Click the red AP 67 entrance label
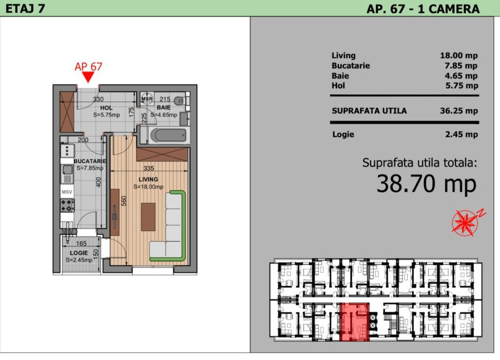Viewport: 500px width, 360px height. [x=88, y=66]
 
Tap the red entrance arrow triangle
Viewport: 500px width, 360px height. [x=88, y=77]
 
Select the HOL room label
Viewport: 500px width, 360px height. [x=106, y=108]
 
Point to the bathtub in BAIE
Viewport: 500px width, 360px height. [x=168, y=136]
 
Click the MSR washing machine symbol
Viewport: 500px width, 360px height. [x=146, y=99]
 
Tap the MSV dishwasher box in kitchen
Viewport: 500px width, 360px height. [x=67, y=192]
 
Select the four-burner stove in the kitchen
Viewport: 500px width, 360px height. [x=67, y=205]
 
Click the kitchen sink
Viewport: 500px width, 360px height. [x=67, y=174]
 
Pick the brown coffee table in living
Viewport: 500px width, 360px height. [x=148, y=217]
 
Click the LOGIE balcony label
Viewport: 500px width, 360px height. [x=79, y=253]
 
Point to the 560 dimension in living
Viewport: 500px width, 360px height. [x=124, y=201]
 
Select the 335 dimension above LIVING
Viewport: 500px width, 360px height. [x=148, y=168]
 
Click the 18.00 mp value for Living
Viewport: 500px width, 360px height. [x=459, y=56]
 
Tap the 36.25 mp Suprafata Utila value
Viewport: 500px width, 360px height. [x=459, y=111]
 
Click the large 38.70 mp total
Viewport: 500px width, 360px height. [x=426, y=184]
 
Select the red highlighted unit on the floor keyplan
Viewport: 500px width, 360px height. [x=354, y=322]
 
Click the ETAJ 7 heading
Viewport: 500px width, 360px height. [x=25, y=9]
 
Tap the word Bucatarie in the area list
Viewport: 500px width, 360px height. [x=351, y=66]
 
